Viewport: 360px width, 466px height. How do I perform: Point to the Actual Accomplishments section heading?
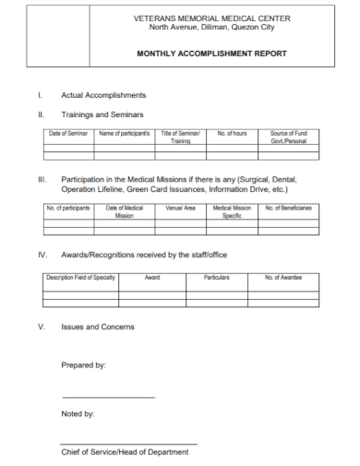tap(103, 95)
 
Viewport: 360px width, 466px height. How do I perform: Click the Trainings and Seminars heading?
tap(102, 114)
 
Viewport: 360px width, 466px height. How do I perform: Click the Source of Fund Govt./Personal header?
tap(289, 138)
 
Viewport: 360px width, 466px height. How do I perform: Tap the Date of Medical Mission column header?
tap(124, 212)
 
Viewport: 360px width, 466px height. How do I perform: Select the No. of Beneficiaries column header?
tap(289, 209)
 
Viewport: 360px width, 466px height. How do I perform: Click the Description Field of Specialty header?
tap(80, 277)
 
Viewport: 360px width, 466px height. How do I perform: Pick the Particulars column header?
tap(216, 277)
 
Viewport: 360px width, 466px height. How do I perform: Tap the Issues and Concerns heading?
tap(98, 327)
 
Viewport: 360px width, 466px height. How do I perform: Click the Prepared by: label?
tap(83, 365)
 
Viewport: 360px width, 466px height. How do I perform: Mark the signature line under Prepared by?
tap(108, 397)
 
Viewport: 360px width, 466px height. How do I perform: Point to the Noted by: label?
tap(78, 414)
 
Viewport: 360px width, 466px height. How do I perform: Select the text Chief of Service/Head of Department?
tap(125, 452)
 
